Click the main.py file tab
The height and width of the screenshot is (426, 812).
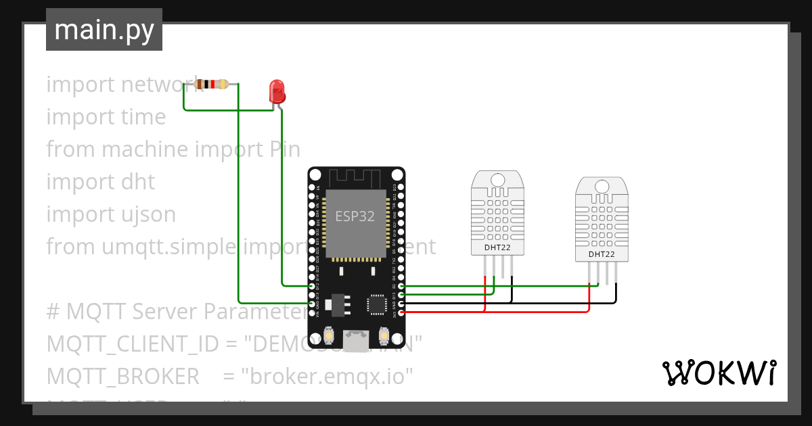coord(104,30)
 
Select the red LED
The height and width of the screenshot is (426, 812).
coord(277,91)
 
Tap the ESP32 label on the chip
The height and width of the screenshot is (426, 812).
coord(355,216)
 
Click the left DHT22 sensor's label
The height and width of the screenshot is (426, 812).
coord(497,247)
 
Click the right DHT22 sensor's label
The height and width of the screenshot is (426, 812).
coord(602,254)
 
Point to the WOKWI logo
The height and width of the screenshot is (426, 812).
coord(719,373)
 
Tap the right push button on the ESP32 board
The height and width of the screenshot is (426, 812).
coord(383,335)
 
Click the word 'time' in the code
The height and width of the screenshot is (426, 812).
coord(142,117)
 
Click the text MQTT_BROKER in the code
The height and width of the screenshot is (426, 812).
coord(122,376)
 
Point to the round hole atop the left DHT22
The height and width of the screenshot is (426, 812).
coord(497,180)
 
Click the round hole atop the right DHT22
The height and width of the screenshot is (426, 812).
coord(602,187)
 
